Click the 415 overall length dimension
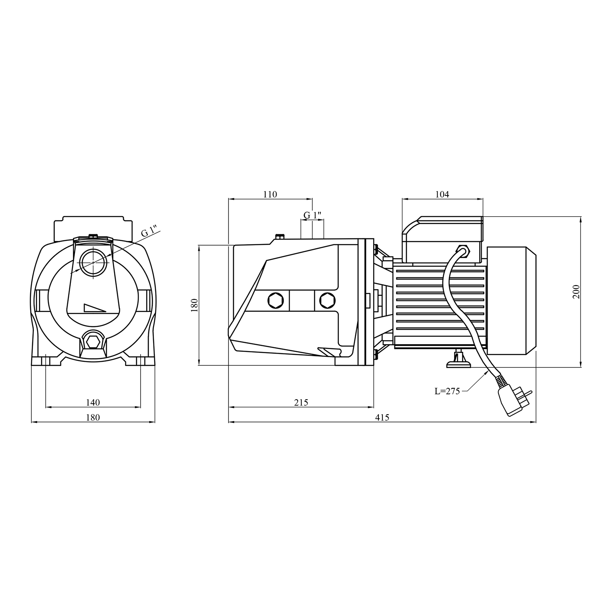coord(382,417)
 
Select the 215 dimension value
coord(301,402)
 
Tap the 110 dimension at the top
coord(270,194)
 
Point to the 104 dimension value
coord(442,194)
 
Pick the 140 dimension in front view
coord(93,402)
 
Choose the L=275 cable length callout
coord(447,391)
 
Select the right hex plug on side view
coord(327,301)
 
